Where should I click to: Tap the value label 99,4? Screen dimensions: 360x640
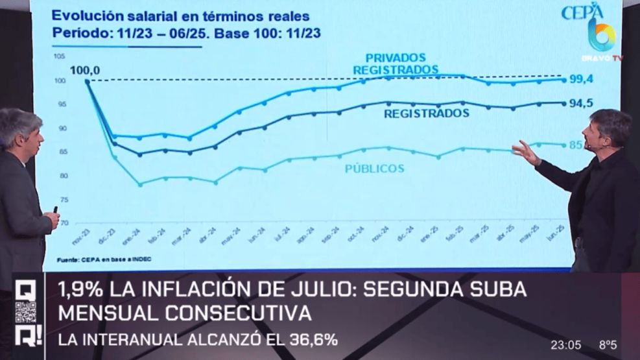tap(582, 79)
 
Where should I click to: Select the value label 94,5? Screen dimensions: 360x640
tap(582, 102)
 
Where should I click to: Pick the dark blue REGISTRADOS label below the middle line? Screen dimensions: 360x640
tap(426, 113)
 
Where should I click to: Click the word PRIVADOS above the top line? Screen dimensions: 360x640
tap(395, 57)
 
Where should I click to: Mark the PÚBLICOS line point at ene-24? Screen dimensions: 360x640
tap(139, 184)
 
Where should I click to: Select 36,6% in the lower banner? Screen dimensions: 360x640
tap(306, 339)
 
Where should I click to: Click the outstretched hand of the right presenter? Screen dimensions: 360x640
tap(523, 152)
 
